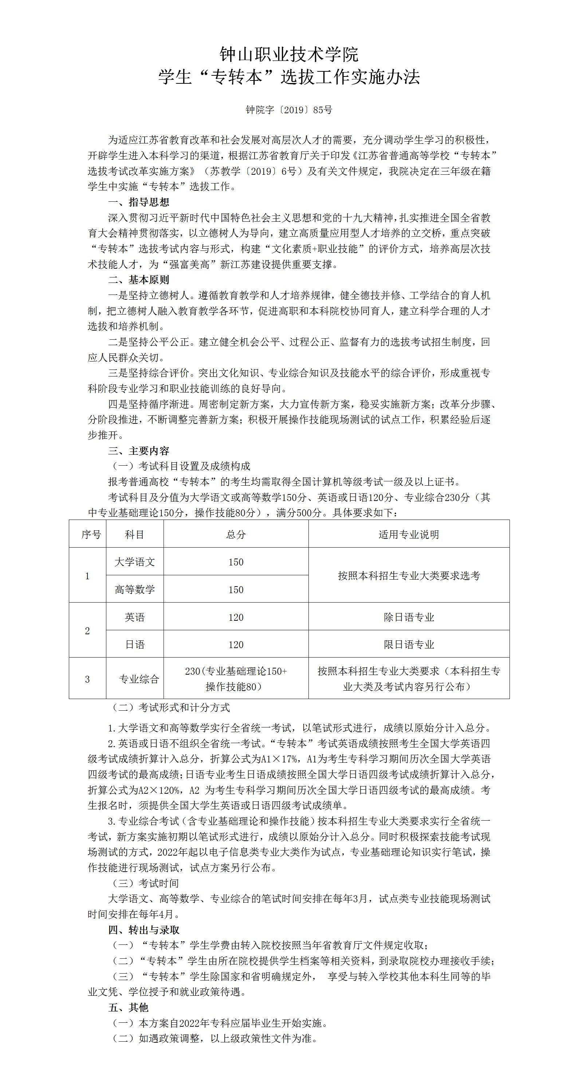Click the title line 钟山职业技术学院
click(x=289, y=55)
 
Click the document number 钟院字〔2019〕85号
click(x=289, y=110)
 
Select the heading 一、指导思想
click(x=139, y=202)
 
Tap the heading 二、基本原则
click(x=139, y=280)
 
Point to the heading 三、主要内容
click(x=139, y=451)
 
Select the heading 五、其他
click(x=129, y=1007)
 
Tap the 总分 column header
click(x=236, y=534)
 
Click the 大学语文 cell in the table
click(x=135, y=562)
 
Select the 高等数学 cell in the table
click(x=135, y=589)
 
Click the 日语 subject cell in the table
click(x=135, y=644)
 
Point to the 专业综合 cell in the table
click(x=139, y=679)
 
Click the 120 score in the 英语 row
click(x=236, y=617)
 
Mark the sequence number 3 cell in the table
click(x=87, y=679)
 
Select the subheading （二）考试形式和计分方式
click(x=170, y=707)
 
